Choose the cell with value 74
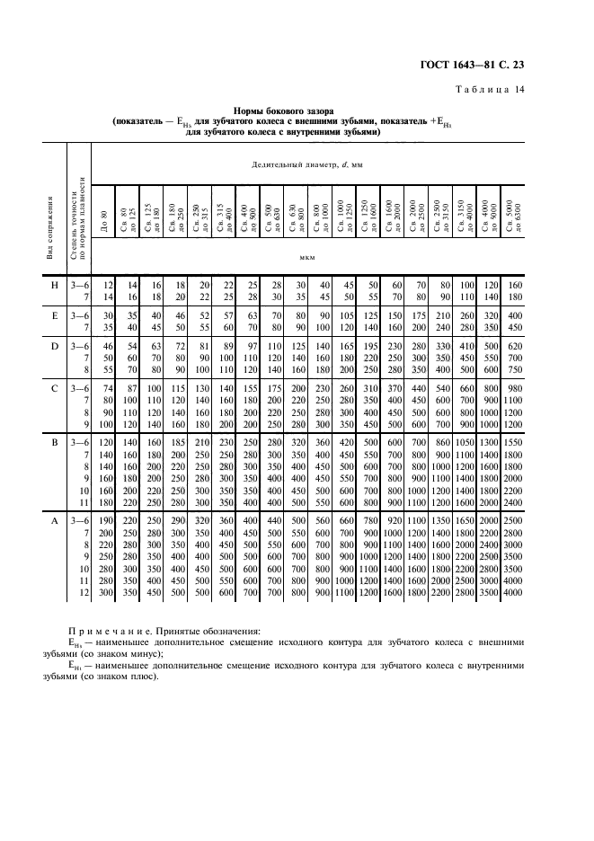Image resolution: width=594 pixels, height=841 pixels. coord(110,387)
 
